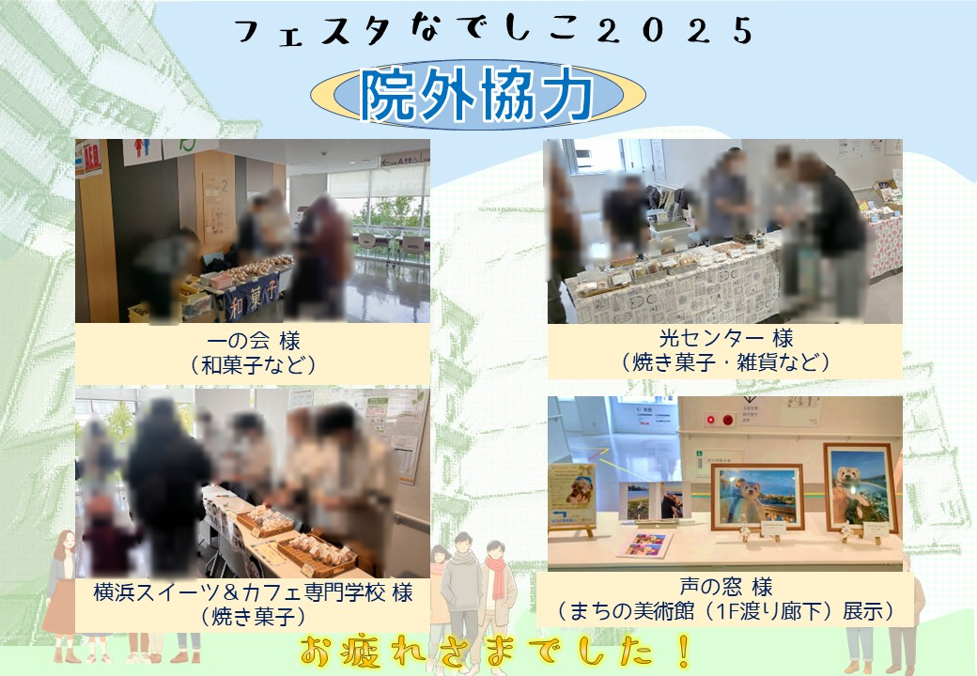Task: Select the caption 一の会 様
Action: [x=251, y=340]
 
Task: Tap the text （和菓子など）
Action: [x=251, y=364]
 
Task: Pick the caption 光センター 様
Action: [x=725, y=337]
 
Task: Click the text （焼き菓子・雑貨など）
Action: [x=725, y=361]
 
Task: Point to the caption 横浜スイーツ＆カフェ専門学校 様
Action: [x=253, y=593]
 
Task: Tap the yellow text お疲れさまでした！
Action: [x=498, y=649]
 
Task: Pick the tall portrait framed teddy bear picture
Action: [x=860, y=486]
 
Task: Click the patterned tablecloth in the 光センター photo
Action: [x=676, y=293]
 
